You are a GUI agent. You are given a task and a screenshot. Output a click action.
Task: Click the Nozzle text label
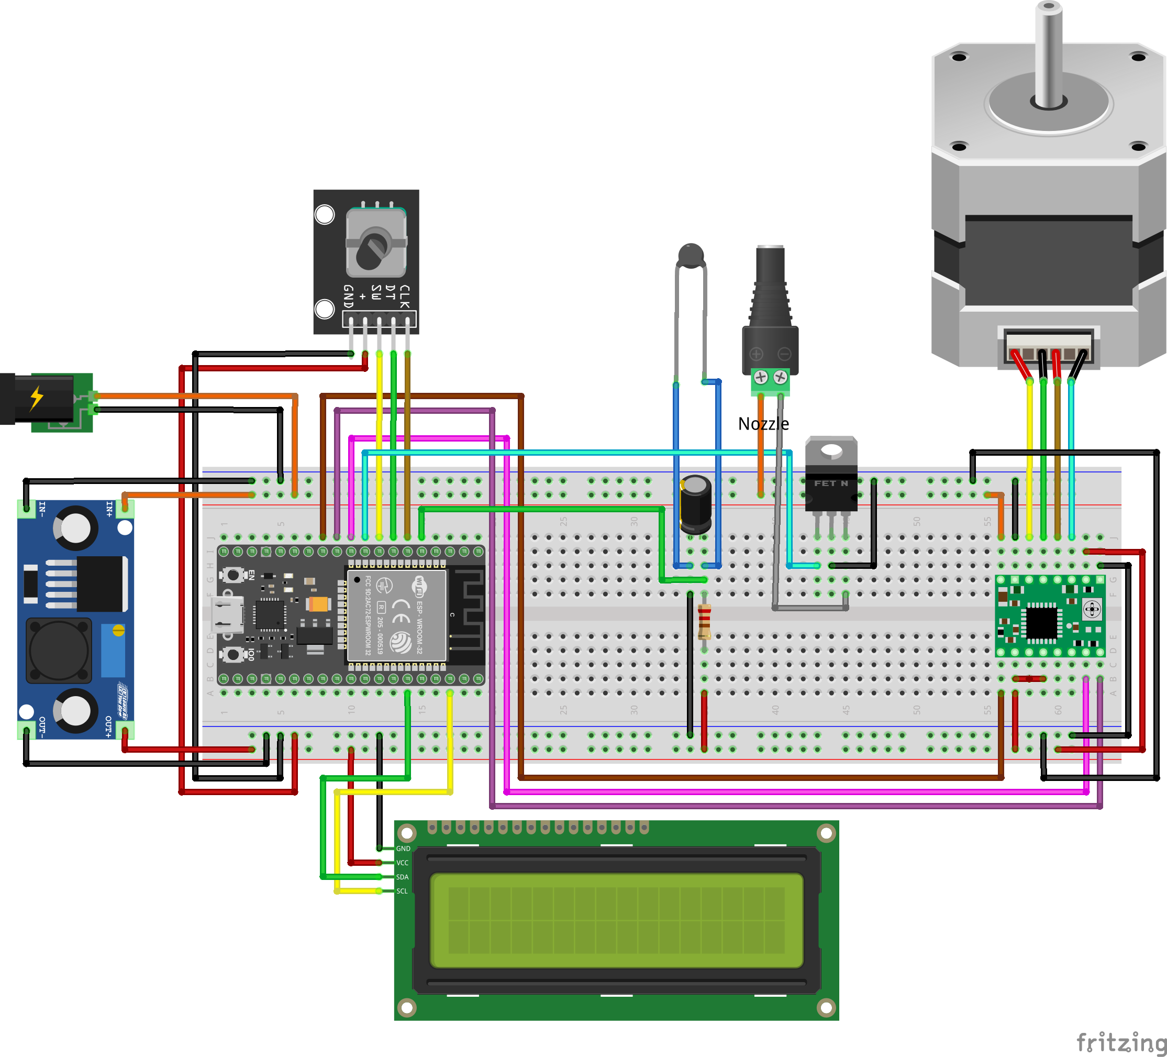coord(763,424)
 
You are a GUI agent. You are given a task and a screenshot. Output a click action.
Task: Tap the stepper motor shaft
coord(1048,55)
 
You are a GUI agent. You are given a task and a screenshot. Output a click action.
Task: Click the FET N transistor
coord(831,480)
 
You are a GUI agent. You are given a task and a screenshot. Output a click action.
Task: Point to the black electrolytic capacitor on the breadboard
coord(696,503)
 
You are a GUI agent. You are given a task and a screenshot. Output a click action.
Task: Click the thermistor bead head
coord(691,255)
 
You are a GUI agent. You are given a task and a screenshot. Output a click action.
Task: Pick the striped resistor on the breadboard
coord(704,621)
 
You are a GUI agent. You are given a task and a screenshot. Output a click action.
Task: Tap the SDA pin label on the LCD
coord(402,877)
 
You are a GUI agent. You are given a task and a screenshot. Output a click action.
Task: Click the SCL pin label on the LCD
coord(402,891)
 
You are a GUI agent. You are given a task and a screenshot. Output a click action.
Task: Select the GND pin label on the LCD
coord(403,849)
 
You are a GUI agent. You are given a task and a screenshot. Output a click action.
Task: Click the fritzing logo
coord(1121,1042)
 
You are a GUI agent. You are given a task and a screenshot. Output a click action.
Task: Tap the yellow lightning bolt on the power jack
coord(37,398)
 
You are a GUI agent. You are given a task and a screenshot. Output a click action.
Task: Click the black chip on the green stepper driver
coord(1041,623)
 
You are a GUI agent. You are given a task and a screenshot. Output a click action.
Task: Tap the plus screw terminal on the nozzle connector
coord(761,378)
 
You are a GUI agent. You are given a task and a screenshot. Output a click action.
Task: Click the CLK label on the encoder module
coord(405,296)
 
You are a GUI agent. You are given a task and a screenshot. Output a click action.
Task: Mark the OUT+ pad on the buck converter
coord(125,730)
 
